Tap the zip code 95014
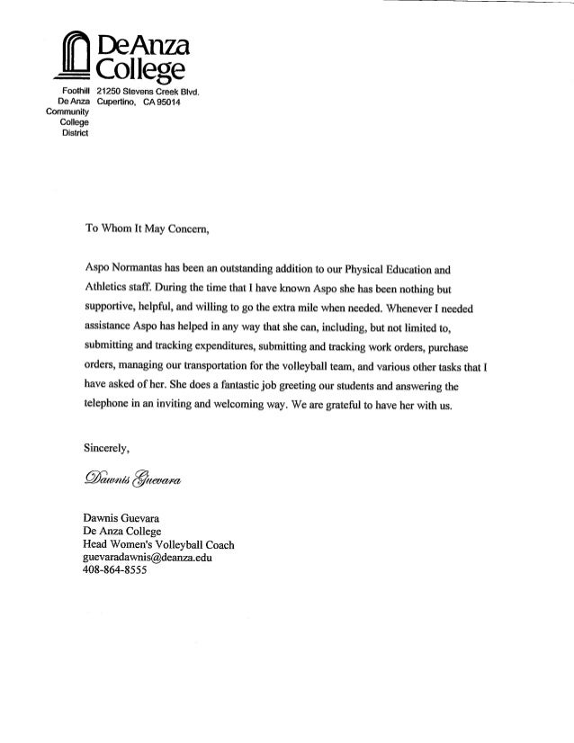(172, 105)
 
